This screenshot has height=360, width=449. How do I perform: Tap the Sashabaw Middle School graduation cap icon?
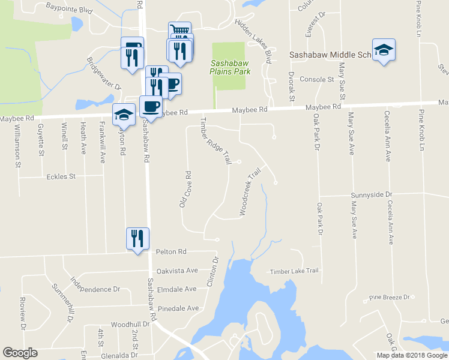[384, 51]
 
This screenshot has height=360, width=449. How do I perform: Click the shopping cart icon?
[179, 31]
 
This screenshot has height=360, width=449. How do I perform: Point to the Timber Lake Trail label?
[294, 271]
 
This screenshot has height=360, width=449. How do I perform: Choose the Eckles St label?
[61, 177]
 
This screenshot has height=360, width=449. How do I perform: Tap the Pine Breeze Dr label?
[389, 297]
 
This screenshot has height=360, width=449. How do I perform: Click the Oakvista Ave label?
[176, 271]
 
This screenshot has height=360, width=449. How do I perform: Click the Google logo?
[20, 353]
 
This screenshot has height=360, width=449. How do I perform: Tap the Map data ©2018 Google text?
[411, 355]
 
